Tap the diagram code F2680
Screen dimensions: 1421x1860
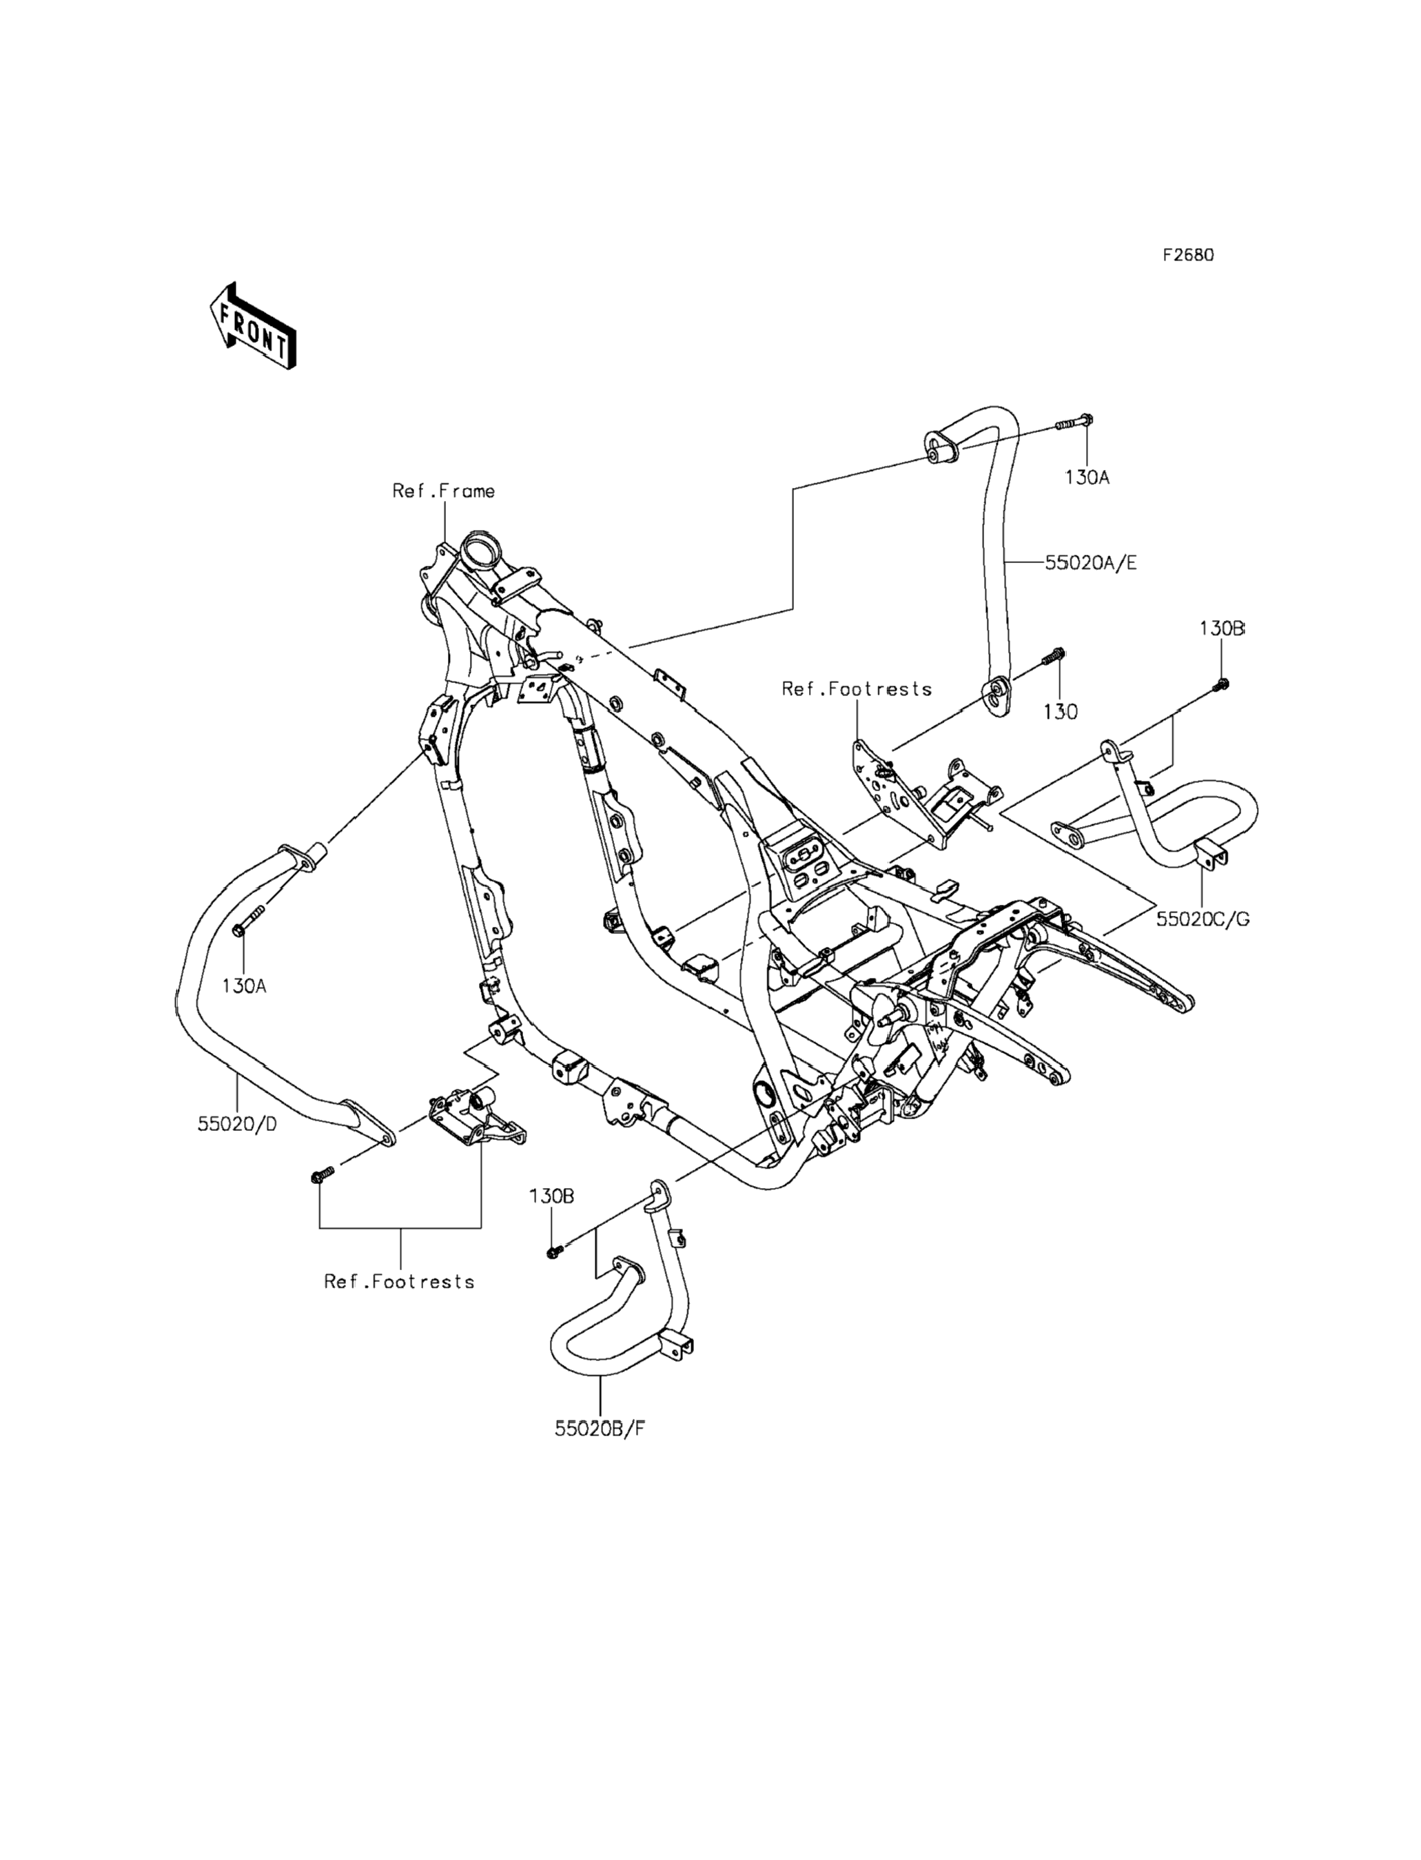pos(1187,256)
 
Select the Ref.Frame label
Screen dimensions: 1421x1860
pos(443,491)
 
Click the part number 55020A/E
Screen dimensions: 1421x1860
pos(1090,562)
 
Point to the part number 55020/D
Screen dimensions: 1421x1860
pos(237,1124)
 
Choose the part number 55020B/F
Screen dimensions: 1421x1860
pos(600,1429)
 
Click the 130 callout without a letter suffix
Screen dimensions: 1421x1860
pos(1061,712)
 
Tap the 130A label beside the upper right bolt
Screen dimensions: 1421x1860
pos(1087,477)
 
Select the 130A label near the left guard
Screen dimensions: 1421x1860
pos(245,985)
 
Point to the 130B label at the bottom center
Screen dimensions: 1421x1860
pos(552,1196)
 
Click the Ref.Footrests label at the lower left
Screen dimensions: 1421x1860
pos(399,1281)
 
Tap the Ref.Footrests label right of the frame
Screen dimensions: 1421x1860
pos(857,688)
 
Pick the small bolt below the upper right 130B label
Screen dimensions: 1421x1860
pos(1221,684)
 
